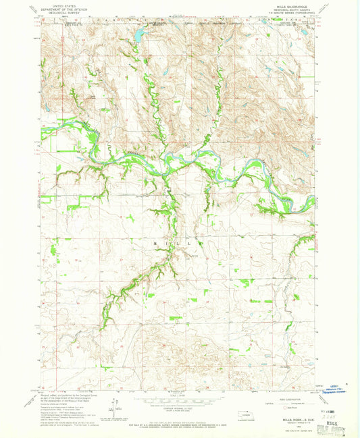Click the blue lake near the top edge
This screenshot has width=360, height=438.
click(138, 34)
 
